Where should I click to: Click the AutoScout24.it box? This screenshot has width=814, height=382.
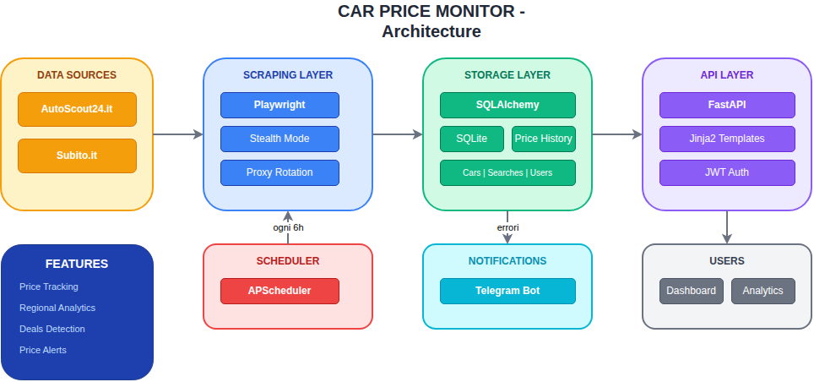pos(77,109)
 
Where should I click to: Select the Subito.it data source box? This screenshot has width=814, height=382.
pos(77,156)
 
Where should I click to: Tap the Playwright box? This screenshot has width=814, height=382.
pos(279,105)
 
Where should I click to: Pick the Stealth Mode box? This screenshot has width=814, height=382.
pos(279,139)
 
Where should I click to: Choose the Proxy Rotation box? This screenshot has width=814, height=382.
pos(279,172)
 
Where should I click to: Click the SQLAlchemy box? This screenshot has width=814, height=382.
pos(507,105)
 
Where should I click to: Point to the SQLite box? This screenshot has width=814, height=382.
pos(472,139)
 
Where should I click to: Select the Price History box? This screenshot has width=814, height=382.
pos(543,139)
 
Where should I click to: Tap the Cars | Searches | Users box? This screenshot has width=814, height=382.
pos(507,172)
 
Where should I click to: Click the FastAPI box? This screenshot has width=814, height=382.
pos(727,105)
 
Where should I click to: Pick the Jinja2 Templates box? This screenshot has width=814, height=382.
pos(727,139)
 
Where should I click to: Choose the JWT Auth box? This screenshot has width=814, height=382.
pos(727,172)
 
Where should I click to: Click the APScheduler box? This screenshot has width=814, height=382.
pos(279,291)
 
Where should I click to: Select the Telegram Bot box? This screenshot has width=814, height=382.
pos(507,291)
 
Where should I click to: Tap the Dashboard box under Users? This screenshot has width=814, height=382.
pos(691,291)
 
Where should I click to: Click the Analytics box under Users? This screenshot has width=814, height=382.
pos(762,291)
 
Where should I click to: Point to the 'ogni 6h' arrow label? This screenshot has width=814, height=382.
pos(288,227)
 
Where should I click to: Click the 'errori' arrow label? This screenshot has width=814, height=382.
pos(507,227)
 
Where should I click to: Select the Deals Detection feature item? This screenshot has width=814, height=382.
pos(52,329)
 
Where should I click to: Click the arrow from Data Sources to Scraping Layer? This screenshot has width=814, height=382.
pos(178,134)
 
